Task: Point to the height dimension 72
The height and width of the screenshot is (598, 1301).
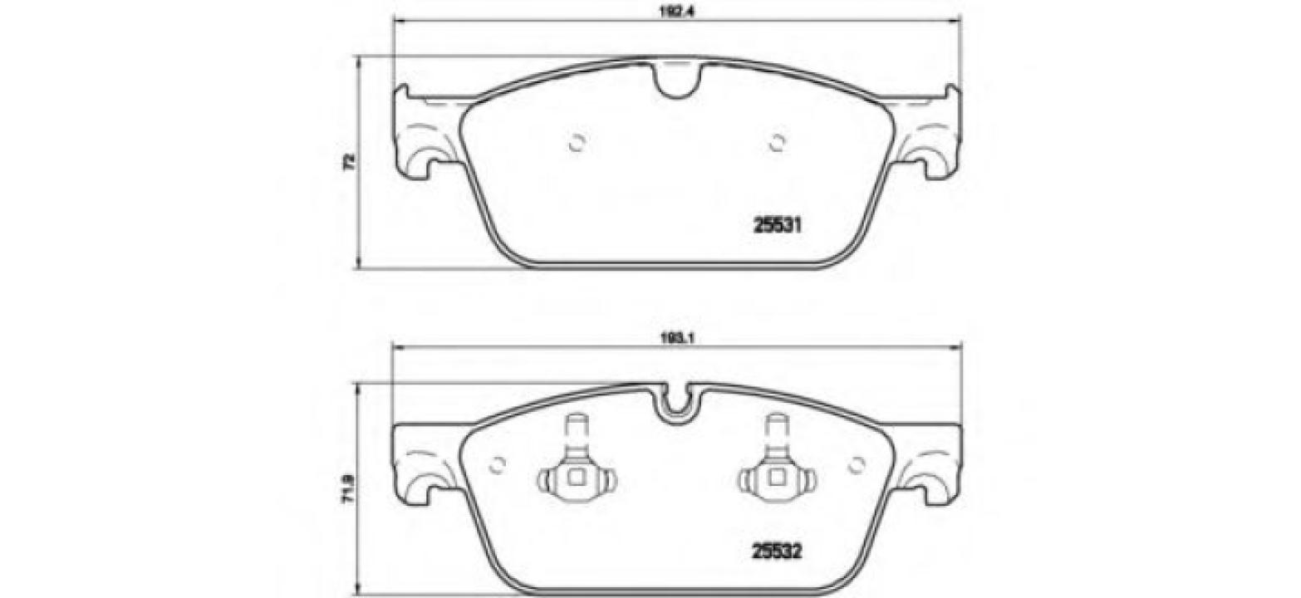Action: [350, 161]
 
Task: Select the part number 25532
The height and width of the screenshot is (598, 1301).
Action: [776, 550]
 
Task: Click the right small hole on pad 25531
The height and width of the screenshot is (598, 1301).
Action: [777, 143]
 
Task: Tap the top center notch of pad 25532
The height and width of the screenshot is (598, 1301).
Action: [676, 402]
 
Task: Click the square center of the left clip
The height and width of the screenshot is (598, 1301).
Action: [574, 478]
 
